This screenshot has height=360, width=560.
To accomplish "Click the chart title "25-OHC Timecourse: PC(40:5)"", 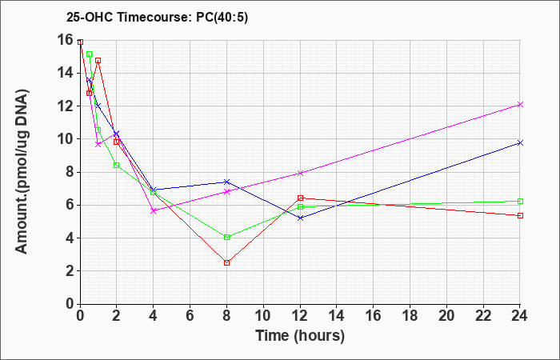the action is point(157,17).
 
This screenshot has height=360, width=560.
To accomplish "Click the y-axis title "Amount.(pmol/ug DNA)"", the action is point(22,172).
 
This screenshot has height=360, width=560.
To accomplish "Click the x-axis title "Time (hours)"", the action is point(300,336).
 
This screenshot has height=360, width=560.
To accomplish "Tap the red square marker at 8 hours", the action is point(226,263).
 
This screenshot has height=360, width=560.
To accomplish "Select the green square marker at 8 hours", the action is point(226,237).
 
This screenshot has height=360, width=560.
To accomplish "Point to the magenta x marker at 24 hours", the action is point(520,104).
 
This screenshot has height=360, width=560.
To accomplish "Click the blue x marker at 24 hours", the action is point(520,143).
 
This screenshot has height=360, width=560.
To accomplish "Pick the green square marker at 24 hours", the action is point(520,201).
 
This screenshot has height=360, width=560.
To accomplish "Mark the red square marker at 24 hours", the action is point(520,215).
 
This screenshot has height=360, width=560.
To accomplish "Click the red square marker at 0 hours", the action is point(80,42).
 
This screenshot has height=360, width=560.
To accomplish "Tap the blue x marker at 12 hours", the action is point(300,218).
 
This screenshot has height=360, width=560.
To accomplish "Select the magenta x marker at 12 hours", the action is point(300,174).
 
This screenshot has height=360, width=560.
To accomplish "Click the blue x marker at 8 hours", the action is point(226,182).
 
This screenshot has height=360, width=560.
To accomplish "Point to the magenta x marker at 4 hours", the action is point(154,210).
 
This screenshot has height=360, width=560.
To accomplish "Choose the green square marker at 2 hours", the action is point(117,165).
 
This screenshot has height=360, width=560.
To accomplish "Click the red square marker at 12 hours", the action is point(300,198).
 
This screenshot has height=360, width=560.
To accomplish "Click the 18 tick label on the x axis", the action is point(410,316).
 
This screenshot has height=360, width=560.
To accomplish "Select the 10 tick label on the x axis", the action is point(263,316).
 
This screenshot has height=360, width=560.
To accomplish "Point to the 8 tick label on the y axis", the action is point(70,172).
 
